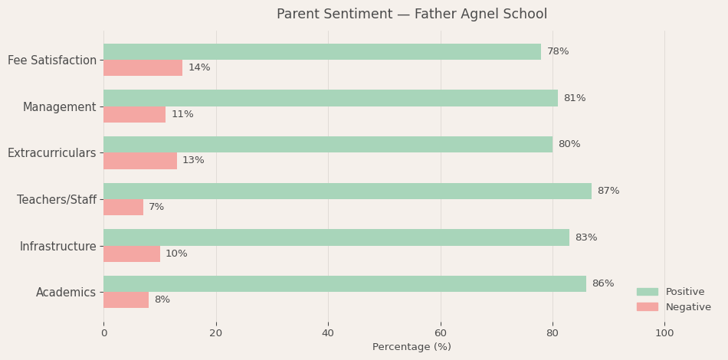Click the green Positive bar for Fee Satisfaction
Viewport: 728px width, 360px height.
click(322, 52)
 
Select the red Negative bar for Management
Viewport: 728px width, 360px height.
click(134, 114)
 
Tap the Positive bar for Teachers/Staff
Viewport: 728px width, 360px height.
click(347, 191)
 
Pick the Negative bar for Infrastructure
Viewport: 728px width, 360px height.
click(132, 254)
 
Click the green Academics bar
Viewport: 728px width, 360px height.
click(345, 283)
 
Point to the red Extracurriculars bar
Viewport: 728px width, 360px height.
click(140, 161)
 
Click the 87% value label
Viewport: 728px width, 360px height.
click(608, 191)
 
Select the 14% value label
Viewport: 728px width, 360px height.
click(199, 68)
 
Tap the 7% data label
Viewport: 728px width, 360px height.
click(156, 208)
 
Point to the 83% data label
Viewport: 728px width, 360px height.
click(586, 237)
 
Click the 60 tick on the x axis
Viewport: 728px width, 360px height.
click(441, 333)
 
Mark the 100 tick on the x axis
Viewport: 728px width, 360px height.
click(664, 333)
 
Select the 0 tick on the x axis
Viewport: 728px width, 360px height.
click(104, 333)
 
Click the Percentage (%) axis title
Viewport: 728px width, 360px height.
click(412, 347)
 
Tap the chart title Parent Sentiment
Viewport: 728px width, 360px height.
click(412, 15)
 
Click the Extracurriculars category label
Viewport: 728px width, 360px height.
click(52, 153)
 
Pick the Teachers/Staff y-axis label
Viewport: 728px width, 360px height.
click(57, 200)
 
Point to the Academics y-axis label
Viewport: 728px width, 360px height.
click(66, 293)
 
